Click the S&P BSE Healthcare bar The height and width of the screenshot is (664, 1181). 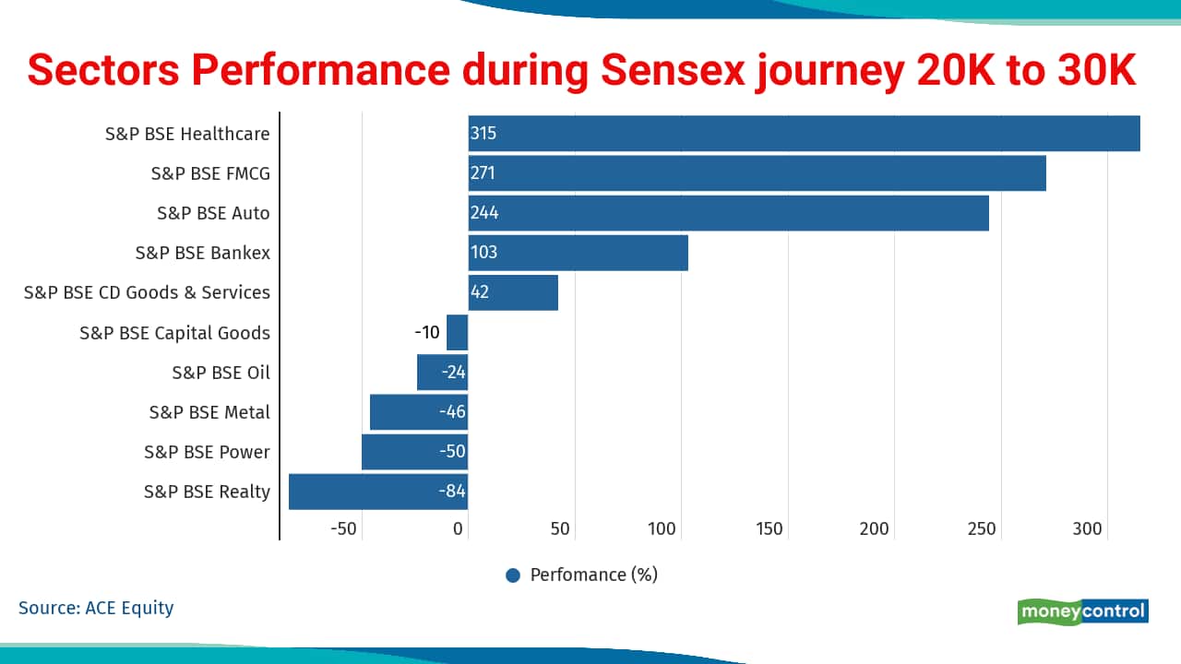coord(804,134)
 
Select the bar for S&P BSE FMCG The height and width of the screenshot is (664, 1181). coord(757,173)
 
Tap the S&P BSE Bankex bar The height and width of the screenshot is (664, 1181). coord(578,253)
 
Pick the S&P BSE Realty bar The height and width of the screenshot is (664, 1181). coord(378,492)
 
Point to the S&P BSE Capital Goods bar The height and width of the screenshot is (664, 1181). coord(458,333)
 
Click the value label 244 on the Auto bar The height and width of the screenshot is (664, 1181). coord(483,213)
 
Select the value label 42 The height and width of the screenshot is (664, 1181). coord(479,292)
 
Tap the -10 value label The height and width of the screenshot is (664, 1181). coord(427,333)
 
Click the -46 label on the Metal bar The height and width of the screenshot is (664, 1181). coord(452,412)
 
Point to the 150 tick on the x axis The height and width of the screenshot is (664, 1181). coord(769,529)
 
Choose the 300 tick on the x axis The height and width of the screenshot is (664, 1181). coord(1087,529)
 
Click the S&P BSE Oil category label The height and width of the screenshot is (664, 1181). coord(221,373)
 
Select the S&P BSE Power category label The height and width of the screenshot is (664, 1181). coord(207,452)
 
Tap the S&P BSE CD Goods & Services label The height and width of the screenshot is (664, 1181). coord(147,292)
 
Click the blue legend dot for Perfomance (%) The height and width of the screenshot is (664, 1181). coord(513,575)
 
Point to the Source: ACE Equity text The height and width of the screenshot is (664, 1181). coord(96,608)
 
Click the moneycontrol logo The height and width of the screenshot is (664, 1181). coord(1083,611)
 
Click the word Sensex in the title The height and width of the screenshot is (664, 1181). coord(673,71)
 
